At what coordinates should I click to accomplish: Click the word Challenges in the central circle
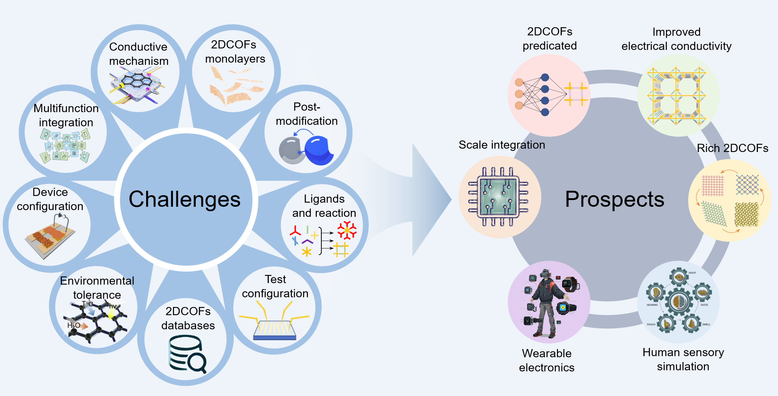185,199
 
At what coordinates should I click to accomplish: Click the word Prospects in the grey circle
614,199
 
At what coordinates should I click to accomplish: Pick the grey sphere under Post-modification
291,151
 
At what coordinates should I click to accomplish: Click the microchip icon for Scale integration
498,197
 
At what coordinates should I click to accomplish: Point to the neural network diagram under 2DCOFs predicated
541,95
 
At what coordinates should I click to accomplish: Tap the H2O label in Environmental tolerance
73,325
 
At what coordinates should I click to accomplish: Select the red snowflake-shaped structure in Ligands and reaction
347,230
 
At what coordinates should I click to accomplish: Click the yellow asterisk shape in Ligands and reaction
306,252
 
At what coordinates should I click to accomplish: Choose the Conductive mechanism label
139,54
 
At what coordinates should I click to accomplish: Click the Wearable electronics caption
547,360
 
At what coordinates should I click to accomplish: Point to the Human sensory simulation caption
683,359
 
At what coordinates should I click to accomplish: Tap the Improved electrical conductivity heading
676,39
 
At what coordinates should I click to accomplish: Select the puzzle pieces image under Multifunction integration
65,146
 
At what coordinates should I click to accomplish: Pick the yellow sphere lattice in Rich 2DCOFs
746,215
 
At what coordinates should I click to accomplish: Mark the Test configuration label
275,286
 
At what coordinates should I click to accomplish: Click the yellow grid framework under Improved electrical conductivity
676,96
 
